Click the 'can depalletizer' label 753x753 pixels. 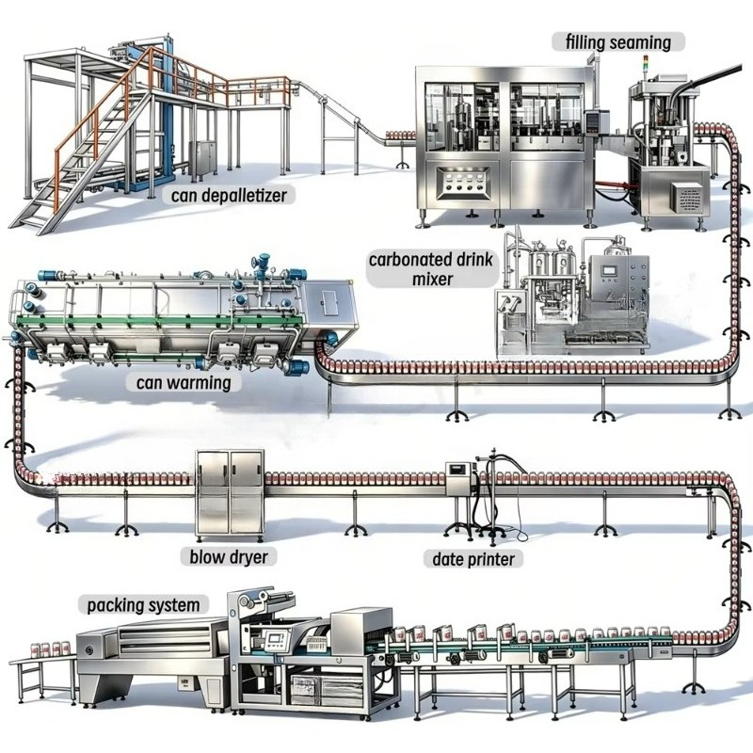click(x=229, y=196)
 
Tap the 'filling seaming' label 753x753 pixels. click(x=618, y=42)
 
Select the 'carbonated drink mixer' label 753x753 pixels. click(x=431, y=269)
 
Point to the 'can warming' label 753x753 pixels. click(x=184, y=383)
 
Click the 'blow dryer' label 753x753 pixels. click(x=229, y=557)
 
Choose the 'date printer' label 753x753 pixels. click(x=473, y=559)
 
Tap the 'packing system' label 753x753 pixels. click(x=143, y=605)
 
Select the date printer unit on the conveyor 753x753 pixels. click(x=461, y=479)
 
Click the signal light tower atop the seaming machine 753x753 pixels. click(x=646, y=65)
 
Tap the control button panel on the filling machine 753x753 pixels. click(x=463, y=183)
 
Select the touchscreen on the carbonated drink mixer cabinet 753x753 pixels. click(x=610, y=269)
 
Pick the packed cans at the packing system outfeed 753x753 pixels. click(x=50, y=649)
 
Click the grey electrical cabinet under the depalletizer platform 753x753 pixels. click(x=202, y=158)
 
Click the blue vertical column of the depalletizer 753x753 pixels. click(x=168, y=110)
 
